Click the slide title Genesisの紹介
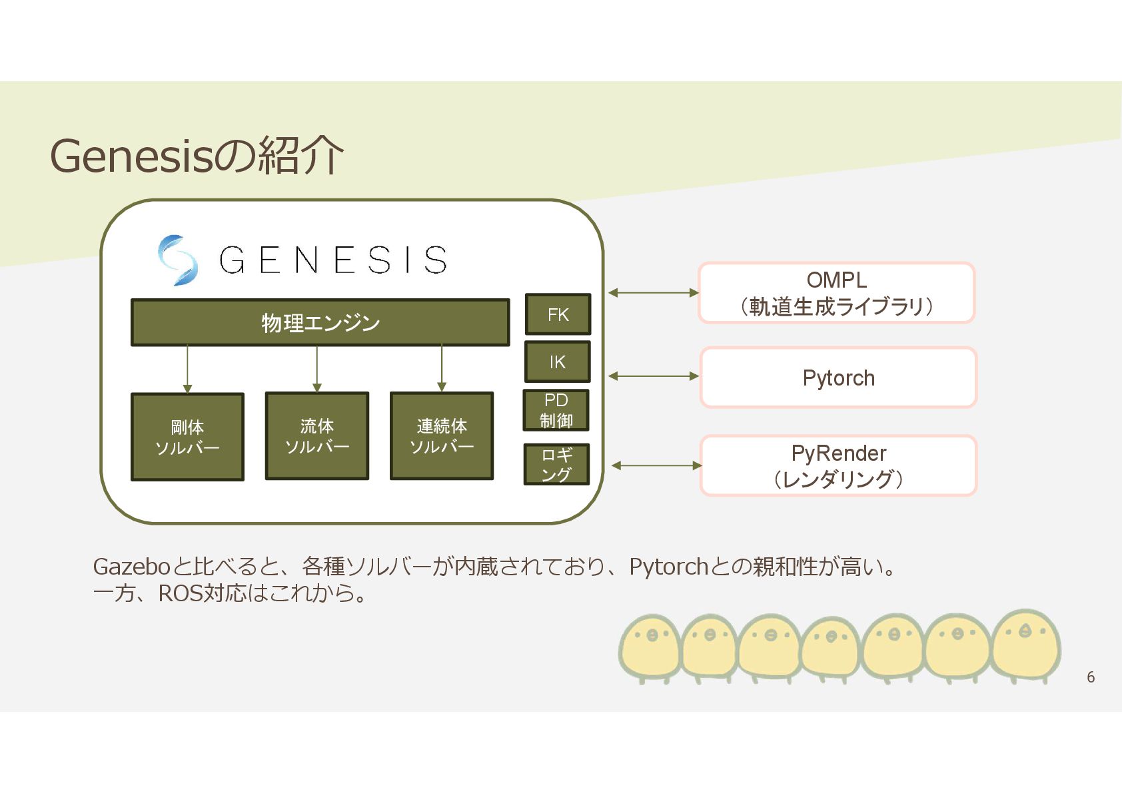tap(197, 156)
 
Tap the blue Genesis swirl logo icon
tap(177, 260)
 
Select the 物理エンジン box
tap(320, 323)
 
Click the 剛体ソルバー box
tap(187, 437)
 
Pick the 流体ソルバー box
tap(316, 435)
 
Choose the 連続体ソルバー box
tap(441, 435)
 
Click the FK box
tap(558, 314)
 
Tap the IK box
tap(557, 362)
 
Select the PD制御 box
tap(556, 410)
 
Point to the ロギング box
tap(556, 464)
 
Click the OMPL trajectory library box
tap(836, 293)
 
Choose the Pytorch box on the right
tap(838, 378)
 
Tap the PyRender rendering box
tap(838, 465)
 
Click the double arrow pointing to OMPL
tap(653, 292)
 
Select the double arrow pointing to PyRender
tap(656, 465)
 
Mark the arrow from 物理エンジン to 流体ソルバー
tap(316, 369)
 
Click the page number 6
tap(1090, 676)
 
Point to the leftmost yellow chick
tap(650, 647)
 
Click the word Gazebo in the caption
tap(132, 567)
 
